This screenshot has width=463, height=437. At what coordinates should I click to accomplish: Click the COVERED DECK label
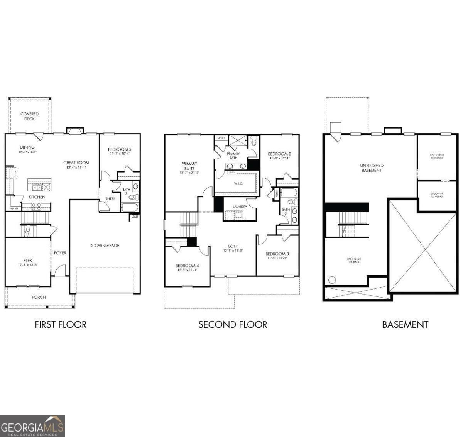pyautogui.click(x=30, y=116)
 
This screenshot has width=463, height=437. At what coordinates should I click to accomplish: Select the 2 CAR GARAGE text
pyautogui.click(x=105, y=245)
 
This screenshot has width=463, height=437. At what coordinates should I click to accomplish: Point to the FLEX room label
pyautogui.click(x=27, y=263)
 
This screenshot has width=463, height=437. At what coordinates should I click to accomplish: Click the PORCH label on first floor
pyautogui.click(x=39, y=297)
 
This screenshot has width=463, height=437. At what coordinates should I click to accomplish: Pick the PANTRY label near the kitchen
pyautogui.click(x=14, y=208)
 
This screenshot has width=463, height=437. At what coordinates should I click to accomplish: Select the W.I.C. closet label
pyautogui.click(x=238, y=183)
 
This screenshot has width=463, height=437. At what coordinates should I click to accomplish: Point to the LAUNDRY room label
pyautogui.click(x=240, y=207)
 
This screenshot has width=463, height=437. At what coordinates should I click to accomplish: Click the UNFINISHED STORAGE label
pyautogui.click(x=354, y=260)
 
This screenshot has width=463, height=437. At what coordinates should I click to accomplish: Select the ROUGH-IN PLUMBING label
pyautogui.click(x=437, y=195)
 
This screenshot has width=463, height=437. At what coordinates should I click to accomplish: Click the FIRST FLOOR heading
pyautogui.click(x=61, y=324)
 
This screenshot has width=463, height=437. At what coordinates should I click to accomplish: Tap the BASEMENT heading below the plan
pyautogui.click(x=405, y=324)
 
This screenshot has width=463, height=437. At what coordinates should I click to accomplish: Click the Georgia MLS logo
pyautogui.click(x=32, y=426)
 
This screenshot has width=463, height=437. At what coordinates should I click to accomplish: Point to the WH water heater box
pyautogui.click(x=134, y=216)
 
